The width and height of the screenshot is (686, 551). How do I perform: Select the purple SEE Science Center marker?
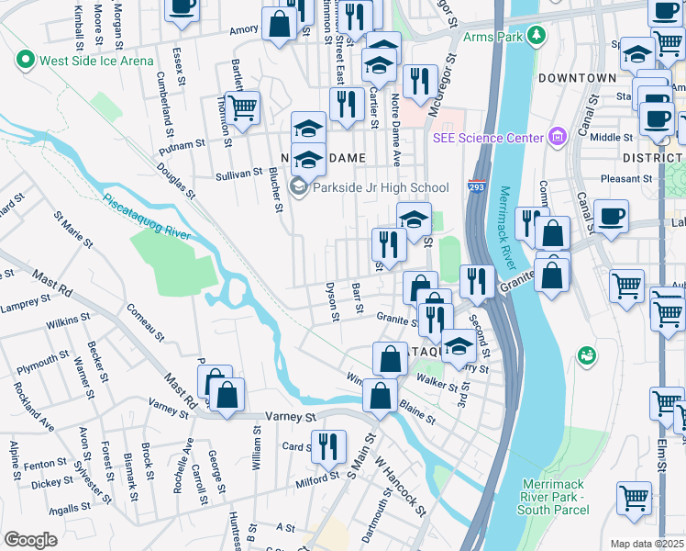click(x=556, y=138)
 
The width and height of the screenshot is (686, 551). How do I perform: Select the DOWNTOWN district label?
click(x=577, y=78)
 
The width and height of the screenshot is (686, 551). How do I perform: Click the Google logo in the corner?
click(x=30, y=539)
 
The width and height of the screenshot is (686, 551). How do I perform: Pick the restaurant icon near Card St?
click(x=328, y=446)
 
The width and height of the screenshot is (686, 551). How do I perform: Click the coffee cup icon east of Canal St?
click(x=611, y=216)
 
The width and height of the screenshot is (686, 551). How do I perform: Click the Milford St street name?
click(x=317, y=479)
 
